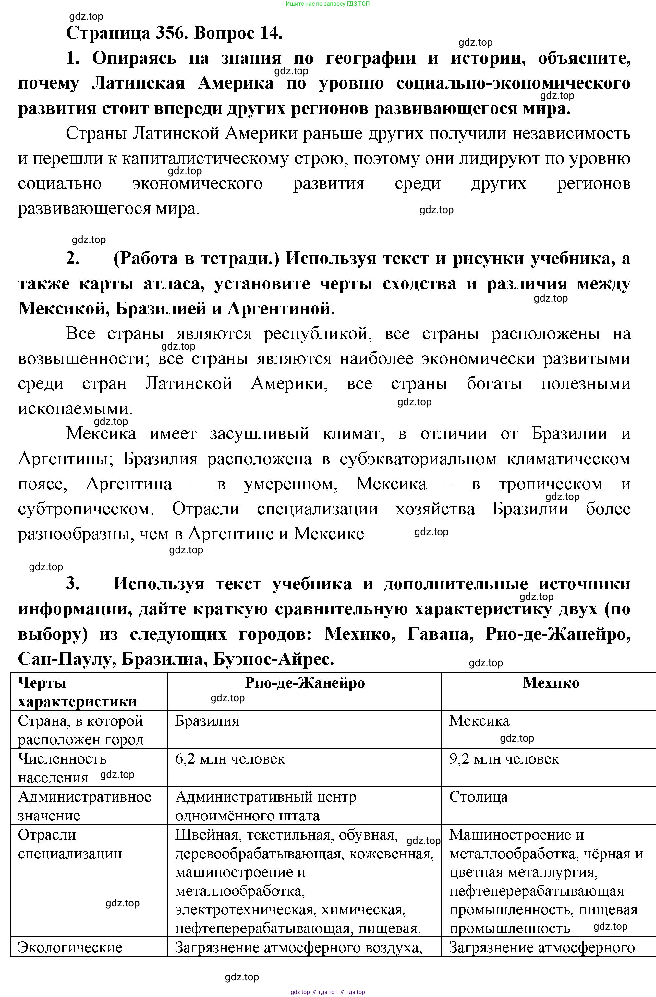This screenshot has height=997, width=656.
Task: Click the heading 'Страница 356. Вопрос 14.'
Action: (x=174, y=33)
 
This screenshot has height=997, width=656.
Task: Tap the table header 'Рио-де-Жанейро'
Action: (x=304, y=683)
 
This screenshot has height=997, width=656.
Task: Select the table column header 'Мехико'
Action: (x=551, y=683)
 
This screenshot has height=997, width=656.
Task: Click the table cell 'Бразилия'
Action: (x=207, y=720)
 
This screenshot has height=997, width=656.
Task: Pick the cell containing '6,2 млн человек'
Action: (x=230, y=759)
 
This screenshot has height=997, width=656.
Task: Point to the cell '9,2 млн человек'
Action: (x=504, y=759)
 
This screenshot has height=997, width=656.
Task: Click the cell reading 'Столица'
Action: (x=479, y=796)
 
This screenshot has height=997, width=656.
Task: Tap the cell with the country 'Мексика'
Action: (x=479, y=720)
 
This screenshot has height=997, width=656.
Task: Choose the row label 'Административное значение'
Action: (x=85, y=806)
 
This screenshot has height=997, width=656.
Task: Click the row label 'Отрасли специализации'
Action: (x=70, y=844)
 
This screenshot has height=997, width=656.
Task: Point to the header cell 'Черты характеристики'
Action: (x=78, y=692)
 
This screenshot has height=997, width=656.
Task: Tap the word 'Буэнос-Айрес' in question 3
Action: (x=274, y=659)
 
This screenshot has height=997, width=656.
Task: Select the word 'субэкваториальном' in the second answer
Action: (x=418, y=459)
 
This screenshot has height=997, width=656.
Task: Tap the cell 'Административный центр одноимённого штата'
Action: (x=266, y=806)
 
